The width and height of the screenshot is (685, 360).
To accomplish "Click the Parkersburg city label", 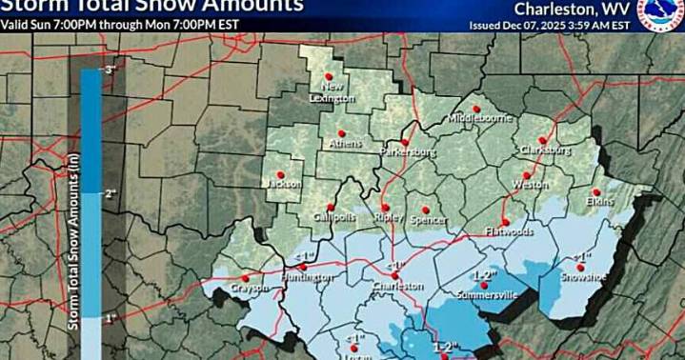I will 408,151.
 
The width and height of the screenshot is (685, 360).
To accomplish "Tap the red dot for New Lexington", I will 329,76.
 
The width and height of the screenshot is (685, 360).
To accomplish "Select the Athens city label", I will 344,145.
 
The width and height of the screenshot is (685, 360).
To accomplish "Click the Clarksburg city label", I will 545,150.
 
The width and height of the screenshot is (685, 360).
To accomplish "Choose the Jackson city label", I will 283,183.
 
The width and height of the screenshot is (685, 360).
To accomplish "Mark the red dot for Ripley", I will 386,207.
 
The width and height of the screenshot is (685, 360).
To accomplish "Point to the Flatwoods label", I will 508,231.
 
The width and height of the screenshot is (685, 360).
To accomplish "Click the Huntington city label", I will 308,277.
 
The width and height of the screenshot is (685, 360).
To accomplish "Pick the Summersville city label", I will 487,295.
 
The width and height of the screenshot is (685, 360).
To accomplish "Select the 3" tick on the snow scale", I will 110,70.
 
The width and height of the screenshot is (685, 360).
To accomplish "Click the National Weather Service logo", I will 660,13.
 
